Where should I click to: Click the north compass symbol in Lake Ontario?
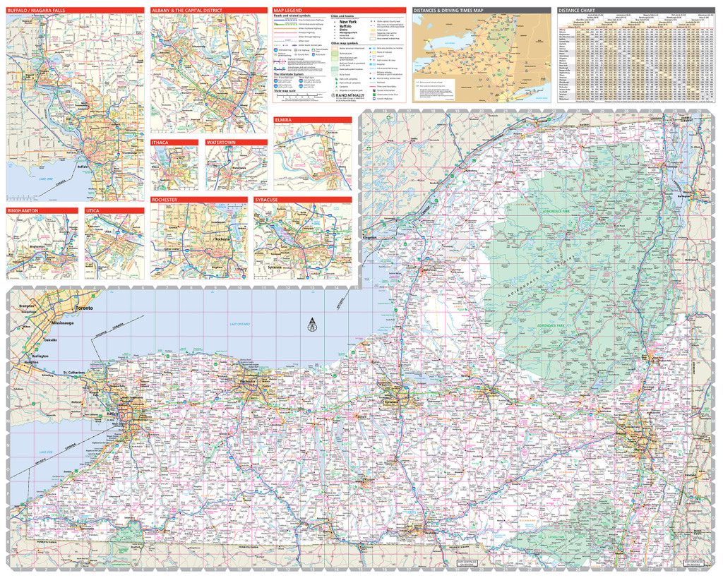[x=311, y=325]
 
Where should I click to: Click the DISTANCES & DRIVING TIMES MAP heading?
[x=448, y=11]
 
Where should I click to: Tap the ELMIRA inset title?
[x=284, y=121]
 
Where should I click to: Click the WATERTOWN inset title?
[x=220, y=143]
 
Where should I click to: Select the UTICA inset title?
[x=92, y=211]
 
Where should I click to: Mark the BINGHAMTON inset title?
[x=23, y=211]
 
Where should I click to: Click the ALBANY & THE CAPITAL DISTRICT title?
[x=187, y=11]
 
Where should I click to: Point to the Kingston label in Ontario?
[x=370, y=237]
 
